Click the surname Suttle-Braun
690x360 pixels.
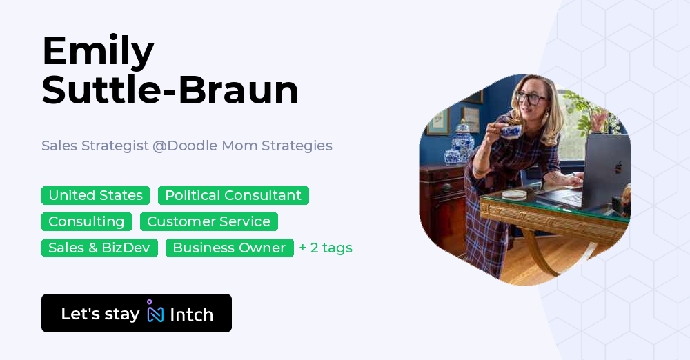pyautogui.click(x=170, y=90)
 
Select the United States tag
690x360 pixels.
pyautogui.click(x=96, y=195)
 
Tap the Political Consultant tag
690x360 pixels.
pyautogui.click(x=233, y=195)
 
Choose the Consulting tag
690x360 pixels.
pyautogui.click(x=86, y=221)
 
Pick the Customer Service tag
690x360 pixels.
pyautogui.click(x=208, y=221)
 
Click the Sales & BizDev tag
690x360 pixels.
pyautogui.click(x=99, y=248)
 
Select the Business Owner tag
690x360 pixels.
pyautogui.click(x=229, y=248)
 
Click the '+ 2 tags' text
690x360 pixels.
pyautogui.click(x=326, y=248)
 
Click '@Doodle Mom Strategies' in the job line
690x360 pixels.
pyautogui.click(x=242, y=146)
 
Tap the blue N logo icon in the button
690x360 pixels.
pyautogui.click(x=155, y=313)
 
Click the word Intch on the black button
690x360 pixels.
pyautogui.click(x=191, y=314)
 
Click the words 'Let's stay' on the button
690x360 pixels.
pyautogui.click(x=100, y=314)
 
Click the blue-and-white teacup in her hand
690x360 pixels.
pyautogui.click(x=510, y=130)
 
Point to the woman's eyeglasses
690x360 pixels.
pyautogui.click(x=530, y=99)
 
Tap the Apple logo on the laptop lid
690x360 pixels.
pyautogui.click(x=618, y=167)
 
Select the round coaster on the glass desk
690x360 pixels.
pyautogui.click(x=514, y=194)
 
